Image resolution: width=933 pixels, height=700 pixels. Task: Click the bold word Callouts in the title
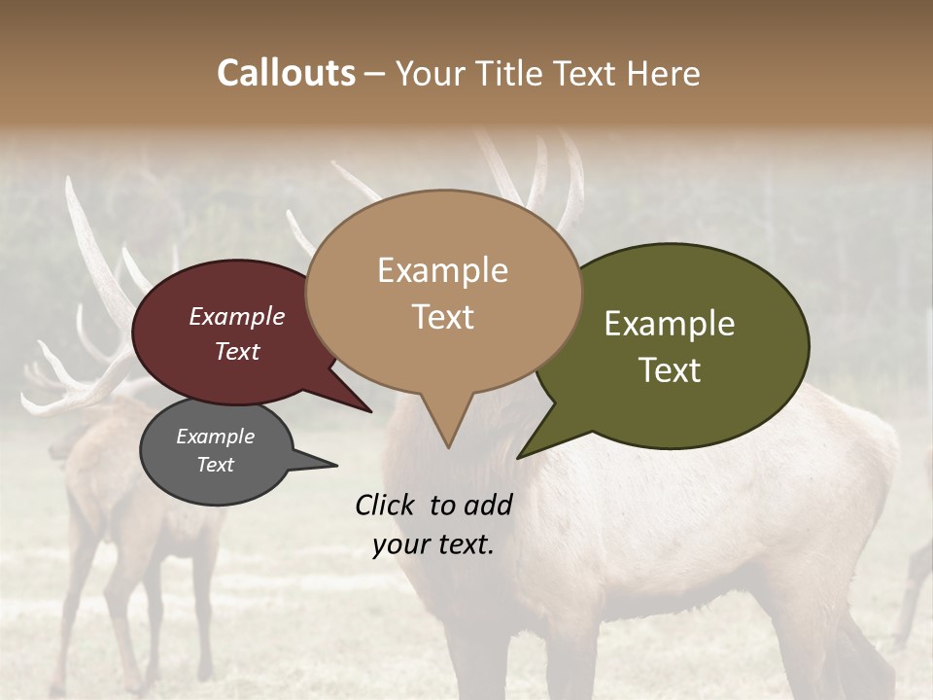tap(286, 73)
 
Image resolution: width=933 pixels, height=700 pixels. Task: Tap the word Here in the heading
tap(663, 73)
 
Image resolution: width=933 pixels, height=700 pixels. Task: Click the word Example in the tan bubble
tap(442, 270)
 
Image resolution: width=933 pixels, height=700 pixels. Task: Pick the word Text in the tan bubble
tap(442, 316)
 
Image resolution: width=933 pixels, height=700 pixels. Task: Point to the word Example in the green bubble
tap(670, 324)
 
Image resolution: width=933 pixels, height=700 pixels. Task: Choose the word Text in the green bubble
tap(670, 370)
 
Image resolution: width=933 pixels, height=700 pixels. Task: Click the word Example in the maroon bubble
tap(236, 316)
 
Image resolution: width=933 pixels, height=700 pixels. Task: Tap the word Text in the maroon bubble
tap(236, 351)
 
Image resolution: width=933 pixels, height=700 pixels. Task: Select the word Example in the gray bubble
tap(215, 437)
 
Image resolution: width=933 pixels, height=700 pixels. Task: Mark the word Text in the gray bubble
tap(215, 465)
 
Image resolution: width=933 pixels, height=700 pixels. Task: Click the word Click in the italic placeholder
tap(385, 505)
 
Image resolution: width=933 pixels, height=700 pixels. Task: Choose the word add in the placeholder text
tap(489, 505)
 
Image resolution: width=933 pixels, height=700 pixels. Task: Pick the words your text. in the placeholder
tap(432, 544)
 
